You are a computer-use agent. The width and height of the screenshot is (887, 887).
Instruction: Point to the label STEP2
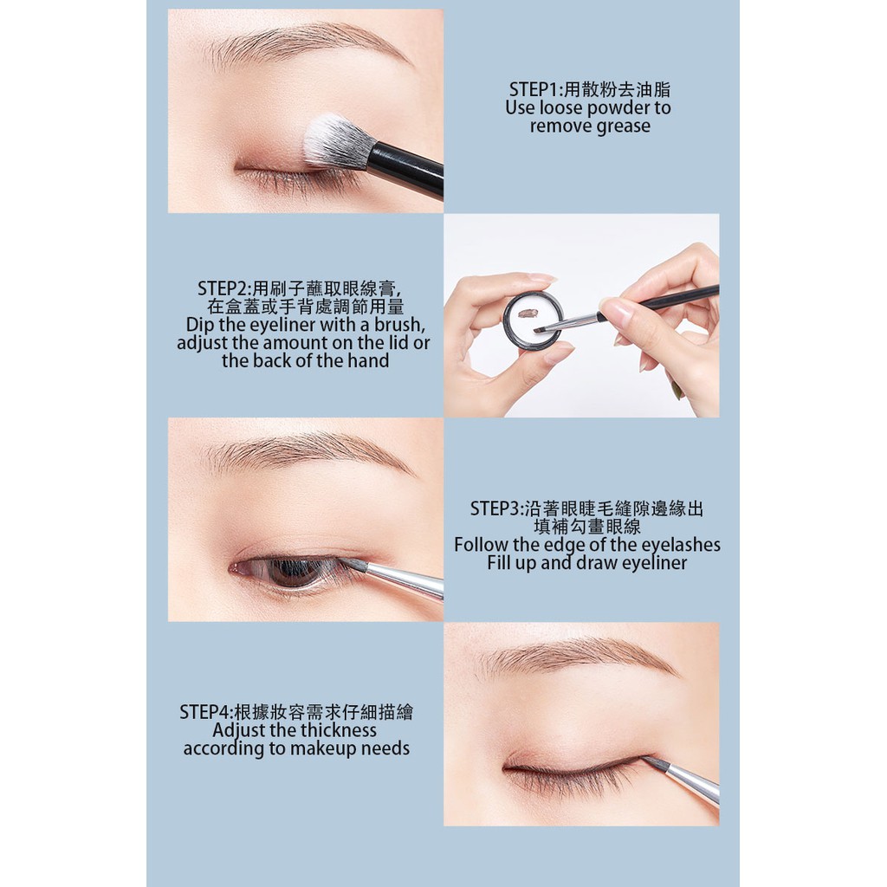click(x=223, y=288)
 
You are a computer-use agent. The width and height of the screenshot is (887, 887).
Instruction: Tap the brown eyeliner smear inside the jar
click(x=530, y=308)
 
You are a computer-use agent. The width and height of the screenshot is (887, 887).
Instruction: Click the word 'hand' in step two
click(x=368, y=361)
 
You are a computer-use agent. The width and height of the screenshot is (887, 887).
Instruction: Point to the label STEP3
click(x=497, y=508)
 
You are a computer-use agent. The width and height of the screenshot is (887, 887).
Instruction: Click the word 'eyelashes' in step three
click(x=677, y=545)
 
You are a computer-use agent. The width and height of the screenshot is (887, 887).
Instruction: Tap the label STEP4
click(x=205, y=712)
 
